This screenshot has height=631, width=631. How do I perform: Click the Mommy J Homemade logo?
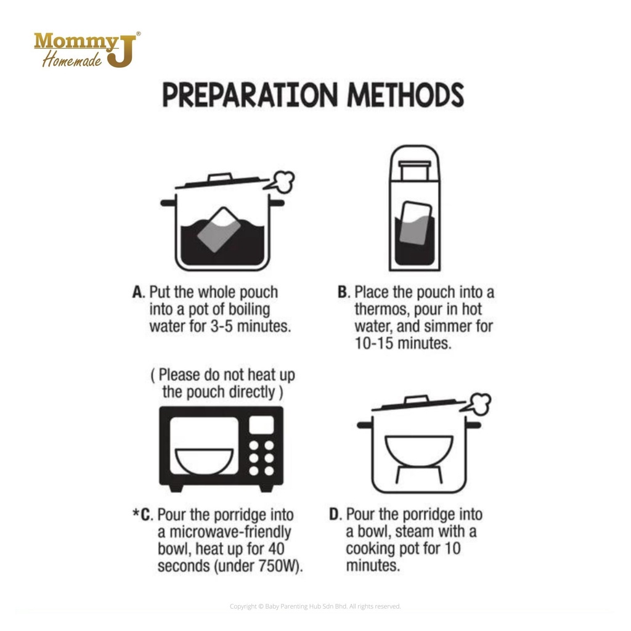click(x=88, y=49)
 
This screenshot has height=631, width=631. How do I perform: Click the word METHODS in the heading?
click(x=405, y=95)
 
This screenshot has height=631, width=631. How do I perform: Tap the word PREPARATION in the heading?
click(x=250, y=95)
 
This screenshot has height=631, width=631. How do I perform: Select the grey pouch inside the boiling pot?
click(x=219, y=230)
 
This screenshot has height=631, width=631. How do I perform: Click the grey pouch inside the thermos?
click(x=415, y=224)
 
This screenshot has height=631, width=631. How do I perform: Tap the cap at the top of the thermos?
click(x=415, y=170)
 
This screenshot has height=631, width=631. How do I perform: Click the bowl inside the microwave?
click(x=205, y=461)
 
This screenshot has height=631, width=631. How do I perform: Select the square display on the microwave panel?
click(x=261, y=425)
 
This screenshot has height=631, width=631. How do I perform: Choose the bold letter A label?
click(x=139, y=293)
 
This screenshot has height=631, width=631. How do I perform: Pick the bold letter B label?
click(x=343, y=293)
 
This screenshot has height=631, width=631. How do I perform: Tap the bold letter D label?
click(x=335, y=515)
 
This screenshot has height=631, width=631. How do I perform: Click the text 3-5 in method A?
click(x=222, y=327)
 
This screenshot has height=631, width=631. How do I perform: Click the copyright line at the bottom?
click(x=315, y=606)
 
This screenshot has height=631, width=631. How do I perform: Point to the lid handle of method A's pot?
click(x=220, y=177)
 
